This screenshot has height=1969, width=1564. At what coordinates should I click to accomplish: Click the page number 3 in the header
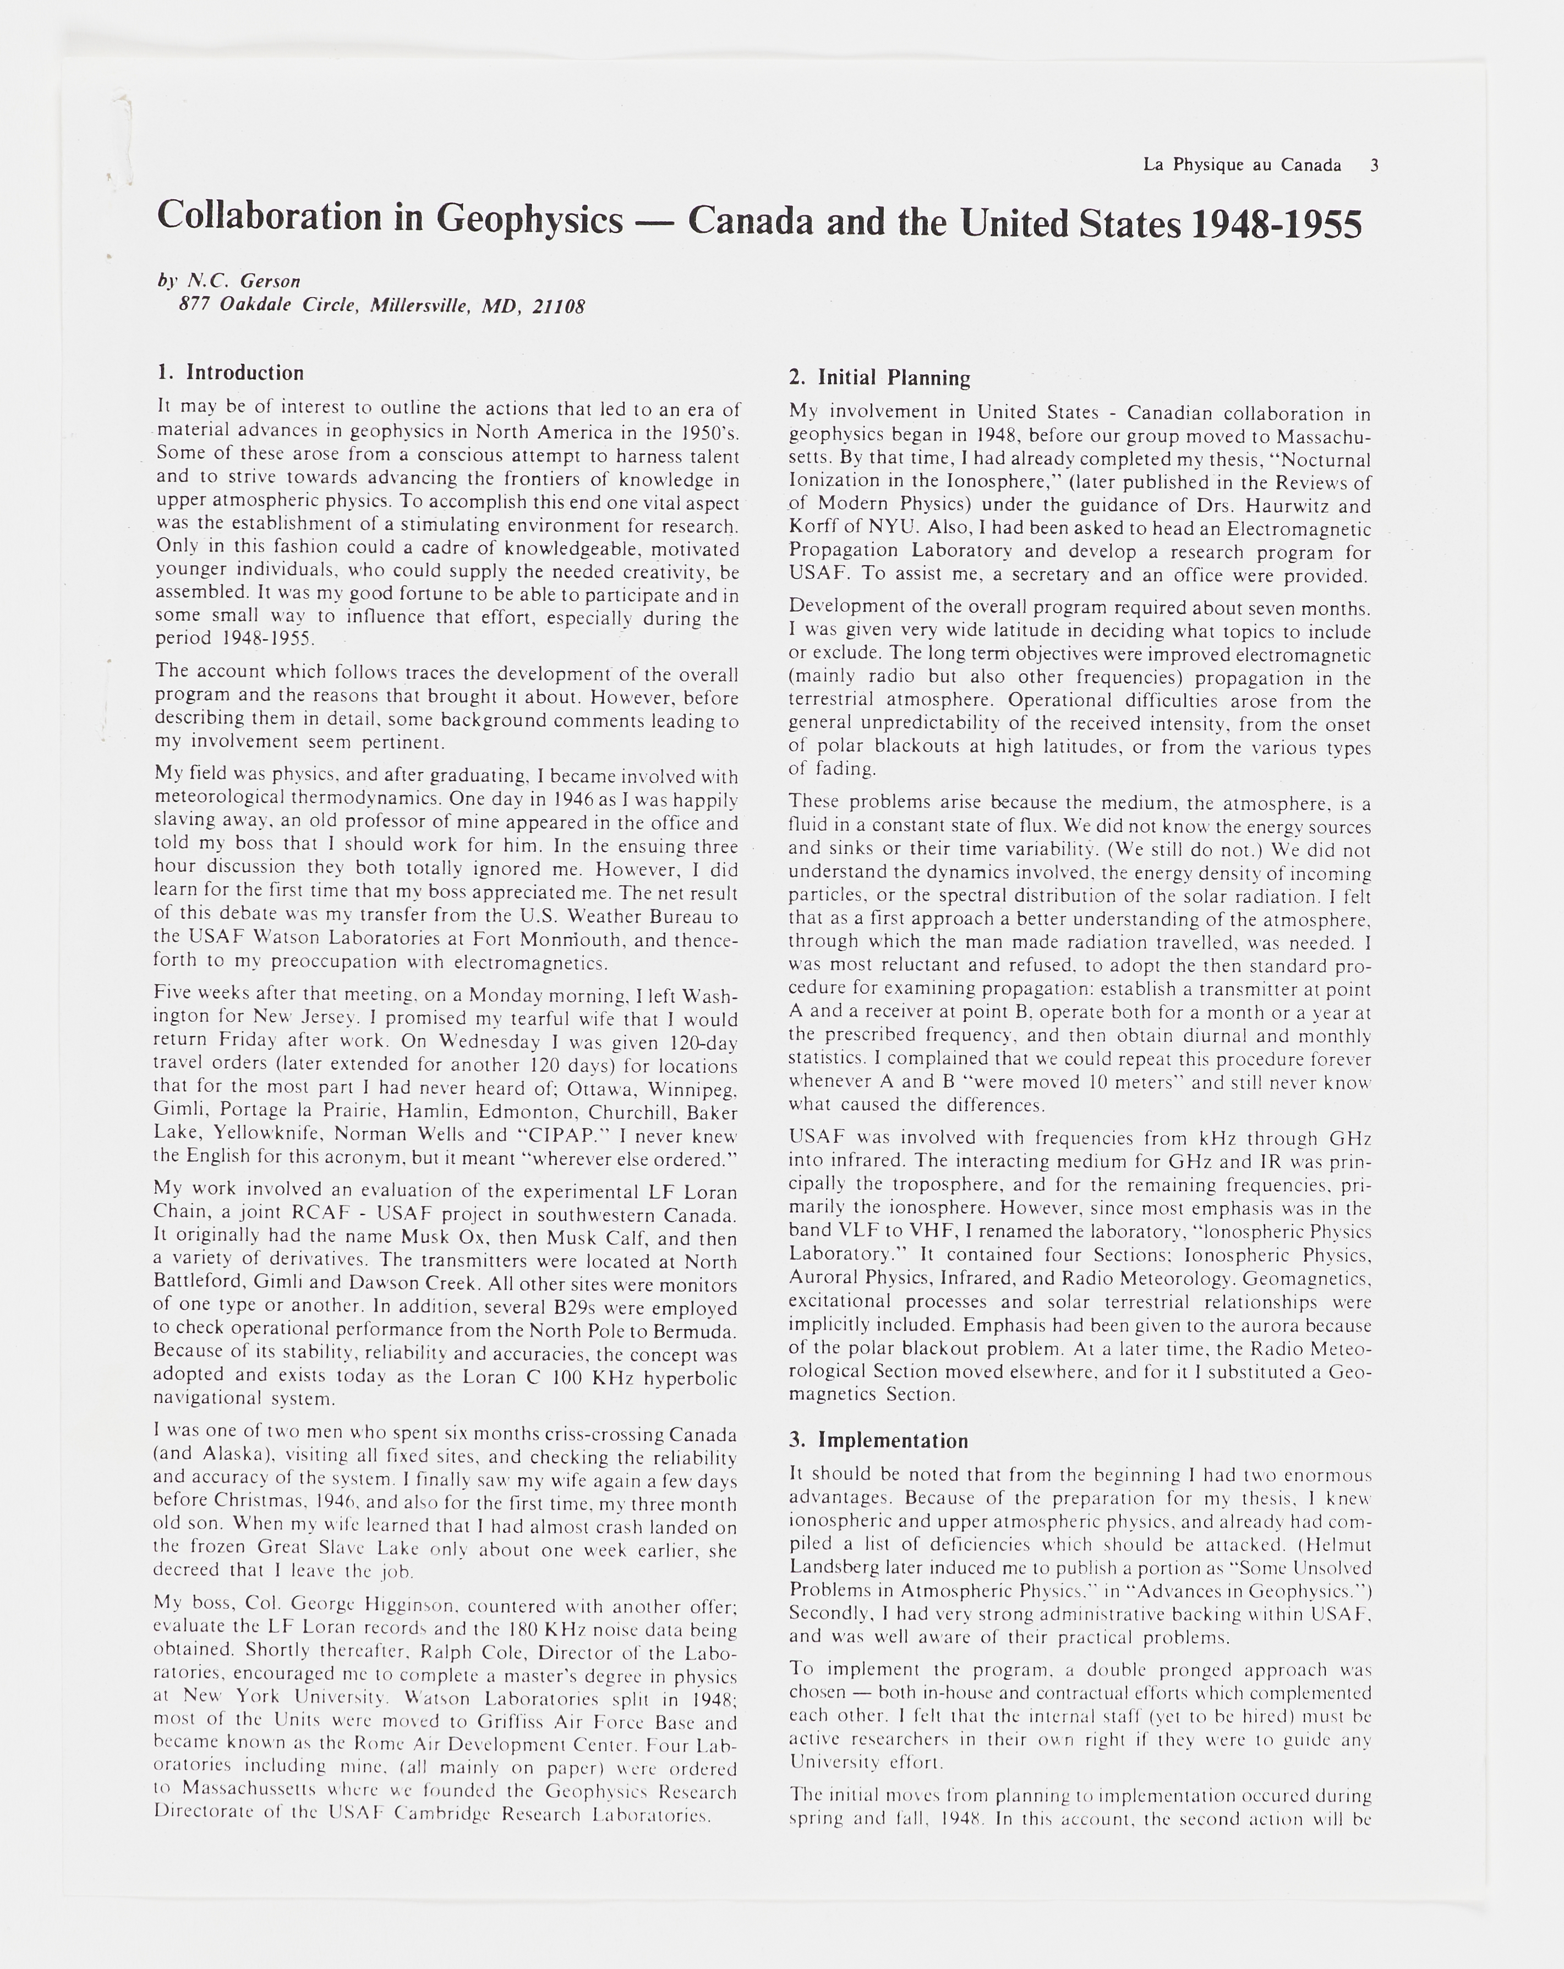point(1374,165)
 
